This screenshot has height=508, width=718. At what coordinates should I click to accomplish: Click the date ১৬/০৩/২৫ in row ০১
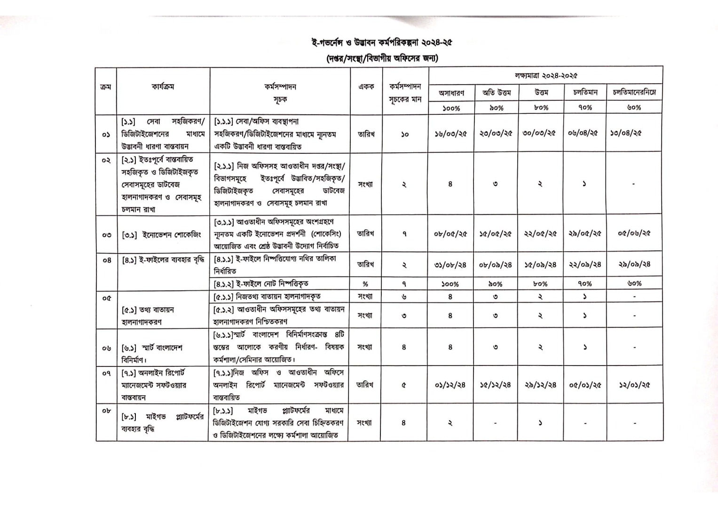coord(450,134)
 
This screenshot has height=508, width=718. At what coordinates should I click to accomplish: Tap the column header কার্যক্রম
coord(163,87)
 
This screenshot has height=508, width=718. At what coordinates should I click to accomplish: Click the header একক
coord(366,87)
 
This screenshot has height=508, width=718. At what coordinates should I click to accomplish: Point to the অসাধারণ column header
coord(451,93)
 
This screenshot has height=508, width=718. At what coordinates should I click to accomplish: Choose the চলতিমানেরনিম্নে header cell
coord(634,93)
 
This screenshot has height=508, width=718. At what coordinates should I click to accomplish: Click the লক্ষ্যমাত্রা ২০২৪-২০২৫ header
coord(545,75)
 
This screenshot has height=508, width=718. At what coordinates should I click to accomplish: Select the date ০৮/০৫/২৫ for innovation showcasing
coord(450,234)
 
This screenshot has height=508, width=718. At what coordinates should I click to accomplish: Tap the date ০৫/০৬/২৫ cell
coord(634,233)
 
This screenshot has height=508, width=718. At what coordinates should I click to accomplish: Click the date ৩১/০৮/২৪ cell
coord(450,265)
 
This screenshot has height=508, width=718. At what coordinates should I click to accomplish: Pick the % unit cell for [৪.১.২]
coord(365,284)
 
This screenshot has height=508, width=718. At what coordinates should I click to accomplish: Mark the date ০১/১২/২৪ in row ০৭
coord(450,385)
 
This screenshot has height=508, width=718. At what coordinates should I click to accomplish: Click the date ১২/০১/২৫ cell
coord(634,385)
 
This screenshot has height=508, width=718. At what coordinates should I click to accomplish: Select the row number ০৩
coord(106,234)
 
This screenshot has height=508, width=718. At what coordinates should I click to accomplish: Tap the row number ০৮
coord(106,410)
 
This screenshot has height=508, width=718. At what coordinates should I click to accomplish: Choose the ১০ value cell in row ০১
coord(404,134)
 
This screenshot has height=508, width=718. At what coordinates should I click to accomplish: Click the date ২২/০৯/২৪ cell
coord(585,265)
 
